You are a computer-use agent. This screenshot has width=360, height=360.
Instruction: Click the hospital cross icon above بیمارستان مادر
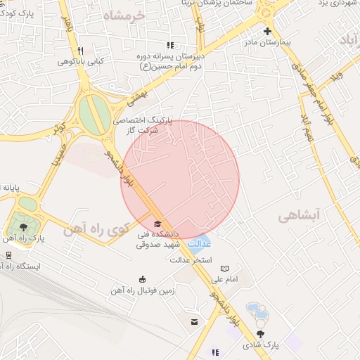(266, 31)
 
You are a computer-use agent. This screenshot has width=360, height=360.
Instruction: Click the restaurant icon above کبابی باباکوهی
(81, 51)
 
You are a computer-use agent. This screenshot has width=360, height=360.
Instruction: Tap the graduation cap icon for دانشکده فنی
(156, 223)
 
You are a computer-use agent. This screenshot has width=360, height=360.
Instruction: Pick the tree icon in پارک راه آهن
(25, 226)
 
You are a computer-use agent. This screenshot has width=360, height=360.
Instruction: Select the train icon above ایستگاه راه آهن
(8, 255)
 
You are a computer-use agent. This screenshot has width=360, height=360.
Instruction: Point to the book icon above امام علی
(224, 269)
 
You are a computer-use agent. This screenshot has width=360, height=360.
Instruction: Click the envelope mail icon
(193, 321)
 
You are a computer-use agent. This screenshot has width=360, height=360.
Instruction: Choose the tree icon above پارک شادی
(261, 334)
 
